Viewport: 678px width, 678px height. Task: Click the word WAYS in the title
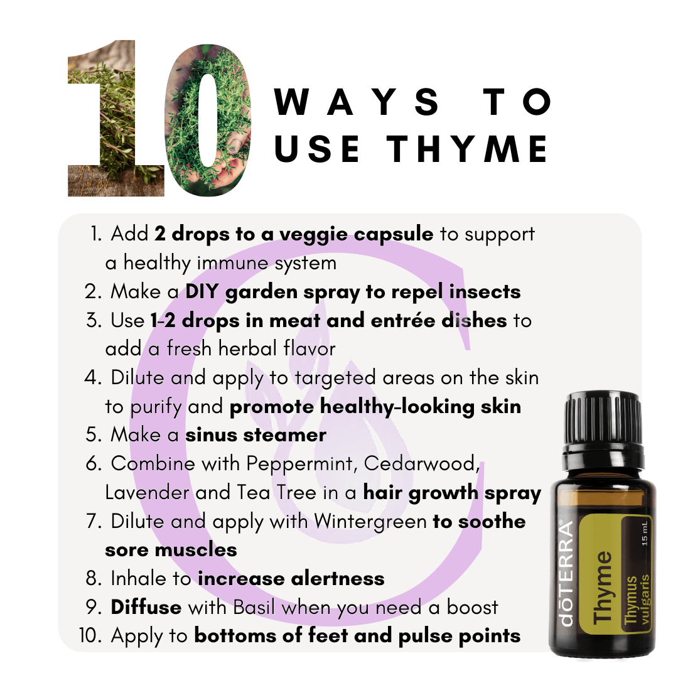(x=357, y=102)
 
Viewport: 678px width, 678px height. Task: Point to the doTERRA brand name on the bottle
(x=568, y=573)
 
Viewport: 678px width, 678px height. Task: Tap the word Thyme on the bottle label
(x=602, y=587)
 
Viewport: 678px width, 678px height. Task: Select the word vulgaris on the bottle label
(x=644, y=600)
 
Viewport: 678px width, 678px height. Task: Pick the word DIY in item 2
(x=202, y=291)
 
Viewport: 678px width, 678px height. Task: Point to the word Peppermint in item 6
(x=302, y=464)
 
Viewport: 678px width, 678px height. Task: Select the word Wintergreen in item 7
(x=370, y=522)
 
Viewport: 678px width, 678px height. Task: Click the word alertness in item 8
(x=338, y=579)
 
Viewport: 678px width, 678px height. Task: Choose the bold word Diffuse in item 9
(x=146, y=607)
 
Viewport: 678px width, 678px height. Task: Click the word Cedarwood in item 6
(x=422, y=464)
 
